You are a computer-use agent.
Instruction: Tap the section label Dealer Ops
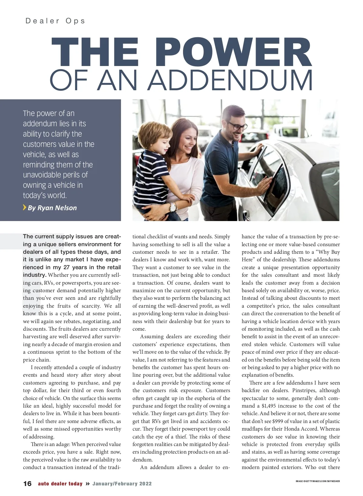[55, 21]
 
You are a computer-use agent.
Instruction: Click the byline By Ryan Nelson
[52, 208]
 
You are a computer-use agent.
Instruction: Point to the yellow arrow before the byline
[25, 207]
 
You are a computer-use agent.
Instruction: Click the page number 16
[27, 484]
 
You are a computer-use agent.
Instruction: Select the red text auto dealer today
[60, 484]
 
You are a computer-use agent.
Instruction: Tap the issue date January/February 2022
[122, 484]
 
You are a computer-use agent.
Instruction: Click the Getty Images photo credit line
[318, 481]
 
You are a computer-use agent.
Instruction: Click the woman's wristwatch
[173, 207]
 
